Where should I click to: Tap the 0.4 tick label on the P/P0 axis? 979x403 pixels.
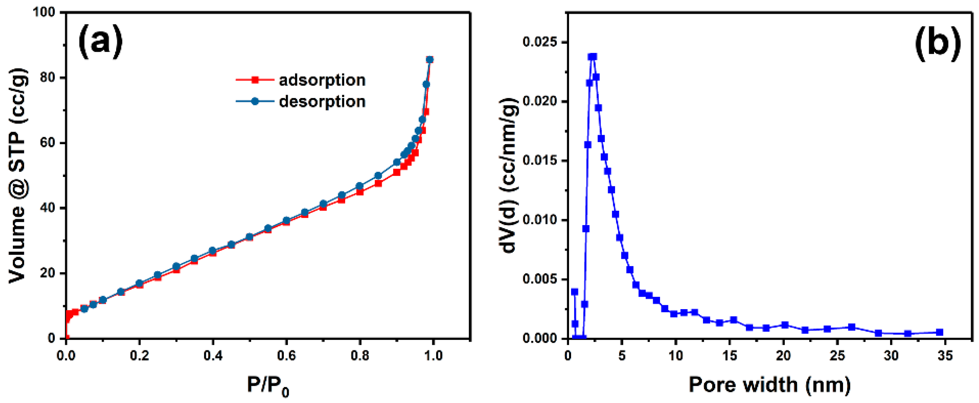tap(213, 356)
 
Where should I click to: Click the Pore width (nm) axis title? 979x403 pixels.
tap(769, 385)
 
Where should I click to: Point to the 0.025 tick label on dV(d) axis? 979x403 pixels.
tap(539, 42)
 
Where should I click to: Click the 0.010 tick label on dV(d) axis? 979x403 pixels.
tap(539, 220)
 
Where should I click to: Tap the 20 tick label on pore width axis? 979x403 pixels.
tap(784, 356)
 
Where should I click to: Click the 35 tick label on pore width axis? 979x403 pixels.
tap(945, 356)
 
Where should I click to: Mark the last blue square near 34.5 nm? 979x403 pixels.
tap(940, 332)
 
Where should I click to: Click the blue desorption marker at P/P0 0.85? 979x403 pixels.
tap(378, 176)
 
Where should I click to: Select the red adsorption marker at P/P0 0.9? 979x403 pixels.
tap(396, 172)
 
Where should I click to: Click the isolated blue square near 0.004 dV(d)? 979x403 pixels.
tap(575, 292)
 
